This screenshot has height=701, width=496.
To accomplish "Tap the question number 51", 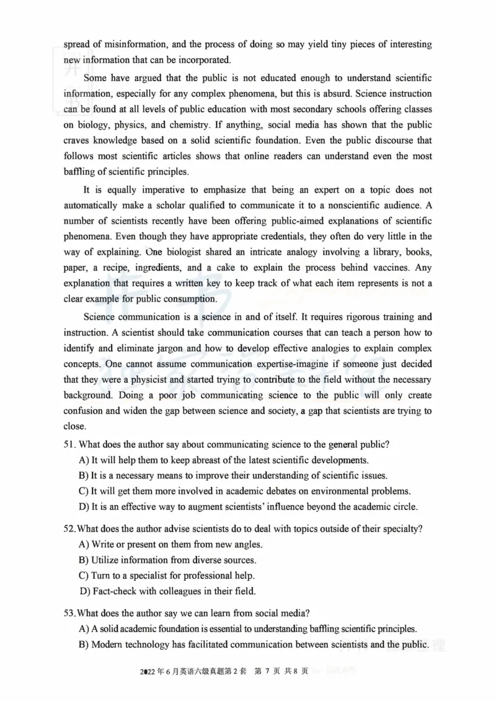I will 69,444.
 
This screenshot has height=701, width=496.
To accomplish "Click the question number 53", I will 69,613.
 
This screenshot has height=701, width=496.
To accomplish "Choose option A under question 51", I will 84,460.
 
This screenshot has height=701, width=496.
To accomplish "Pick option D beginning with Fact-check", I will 84,591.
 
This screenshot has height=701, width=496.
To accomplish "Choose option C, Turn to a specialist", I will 84,575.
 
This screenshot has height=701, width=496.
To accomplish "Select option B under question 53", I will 84,645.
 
